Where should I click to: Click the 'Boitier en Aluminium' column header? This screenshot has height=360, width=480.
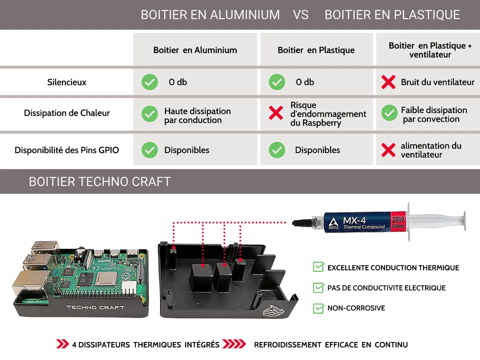195,50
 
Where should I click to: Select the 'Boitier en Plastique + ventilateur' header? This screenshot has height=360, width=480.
430,50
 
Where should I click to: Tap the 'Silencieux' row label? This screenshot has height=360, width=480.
66,82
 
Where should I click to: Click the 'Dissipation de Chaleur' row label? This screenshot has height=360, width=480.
66,113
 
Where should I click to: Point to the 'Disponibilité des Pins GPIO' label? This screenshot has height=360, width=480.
66,150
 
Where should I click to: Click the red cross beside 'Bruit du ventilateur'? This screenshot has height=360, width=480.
388,82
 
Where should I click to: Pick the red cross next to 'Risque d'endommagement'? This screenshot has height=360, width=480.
276,113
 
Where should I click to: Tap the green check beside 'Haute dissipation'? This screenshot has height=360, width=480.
149,113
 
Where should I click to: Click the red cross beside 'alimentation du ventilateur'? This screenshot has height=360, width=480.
388,150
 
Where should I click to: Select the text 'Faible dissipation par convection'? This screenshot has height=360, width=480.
433,114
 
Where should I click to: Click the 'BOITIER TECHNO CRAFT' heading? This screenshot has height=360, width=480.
99,181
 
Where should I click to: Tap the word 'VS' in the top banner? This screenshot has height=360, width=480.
301,15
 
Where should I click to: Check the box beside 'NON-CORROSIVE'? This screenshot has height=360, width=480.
318,308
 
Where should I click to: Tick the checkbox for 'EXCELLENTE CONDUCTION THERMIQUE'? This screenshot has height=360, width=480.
318,267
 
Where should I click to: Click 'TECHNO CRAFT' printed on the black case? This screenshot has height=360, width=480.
95,307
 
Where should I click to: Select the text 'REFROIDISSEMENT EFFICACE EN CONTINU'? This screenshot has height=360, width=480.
330,344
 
